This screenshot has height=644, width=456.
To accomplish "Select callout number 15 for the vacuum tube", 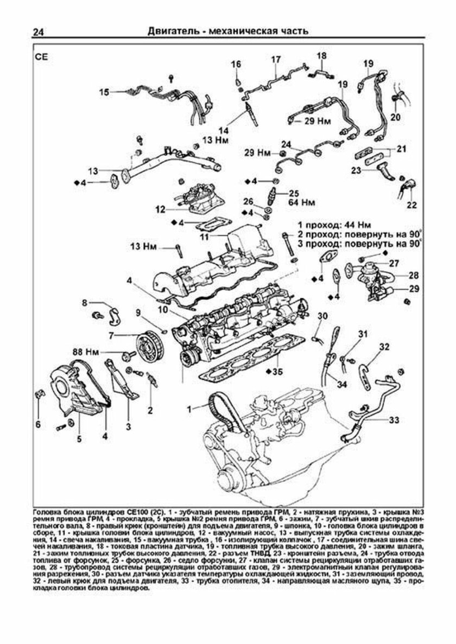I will coord(104,92).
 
